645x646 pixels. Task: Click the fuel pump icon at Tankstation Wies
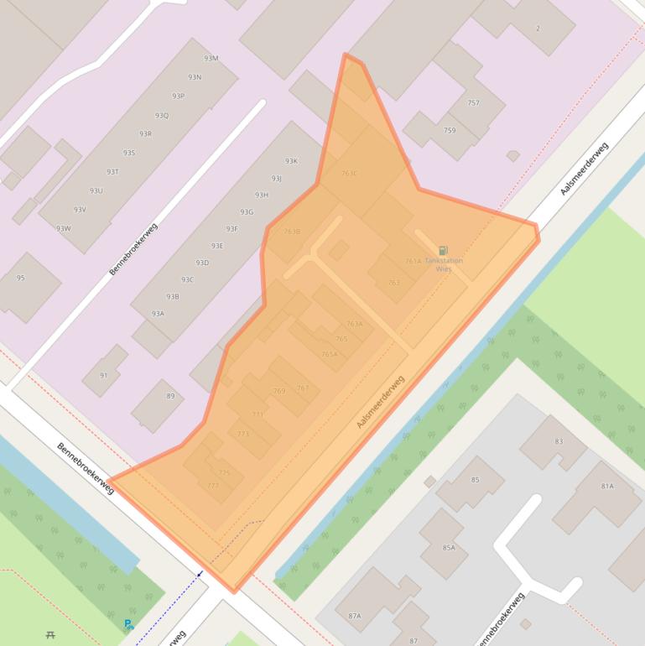click(x=443, y=250)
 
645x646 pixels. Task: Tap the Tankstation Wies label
click(x=444, y=265)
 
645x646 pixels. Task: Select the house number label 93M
click(x=211, y=58)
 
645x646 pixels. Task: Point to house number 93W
click(x=64, y=228)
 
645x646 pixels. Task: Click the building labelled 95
click(x=21, y=278)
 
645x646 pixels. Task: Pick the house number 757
click(x=473, y=103)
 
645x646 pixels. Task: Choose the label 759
click(x=450, y=130)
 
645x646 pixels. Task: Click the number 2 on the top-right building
click(x=538, y=29)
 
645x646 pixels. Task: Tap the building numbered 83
click(x=559, y=441)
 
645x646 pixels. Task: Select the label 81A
click(x=607, y=486)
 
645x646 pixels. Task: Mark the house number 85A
click(x=449, y=548)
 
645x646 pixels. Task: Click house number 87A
click(x=354, y=616)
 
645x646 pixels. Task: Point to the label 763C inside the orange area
click(x=349, y=174)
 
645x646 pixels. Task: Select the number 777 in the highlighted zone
click(x=212, y=486)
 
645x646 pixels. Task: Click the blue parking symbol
click(x=128, y=624)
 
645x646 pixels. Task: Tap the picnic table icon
click(x=52, y=635)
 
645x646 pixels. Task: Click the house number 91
click(x=103, y=375)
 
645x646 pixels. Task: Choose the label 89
click(x=170, y=396)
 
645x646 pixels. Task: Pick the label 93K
click(x=291, y=161)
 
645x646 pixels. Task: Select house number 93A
click(x=158, y=313)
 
